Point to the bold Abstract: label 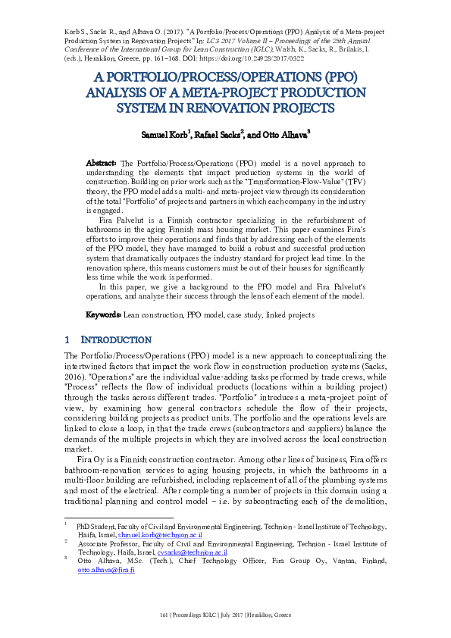tap(101, 163)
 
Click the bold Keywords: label tap(102, 314)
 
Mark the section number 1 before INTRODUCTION tap(67, 340)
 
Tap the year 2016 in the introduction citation tap(76, 377)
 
